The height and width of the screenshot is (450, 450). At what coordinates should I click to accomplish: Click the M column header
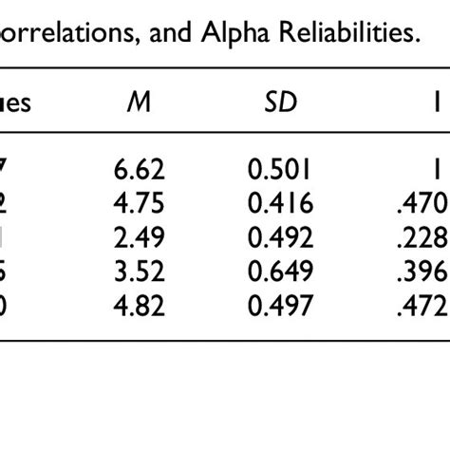click(138, 103)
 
